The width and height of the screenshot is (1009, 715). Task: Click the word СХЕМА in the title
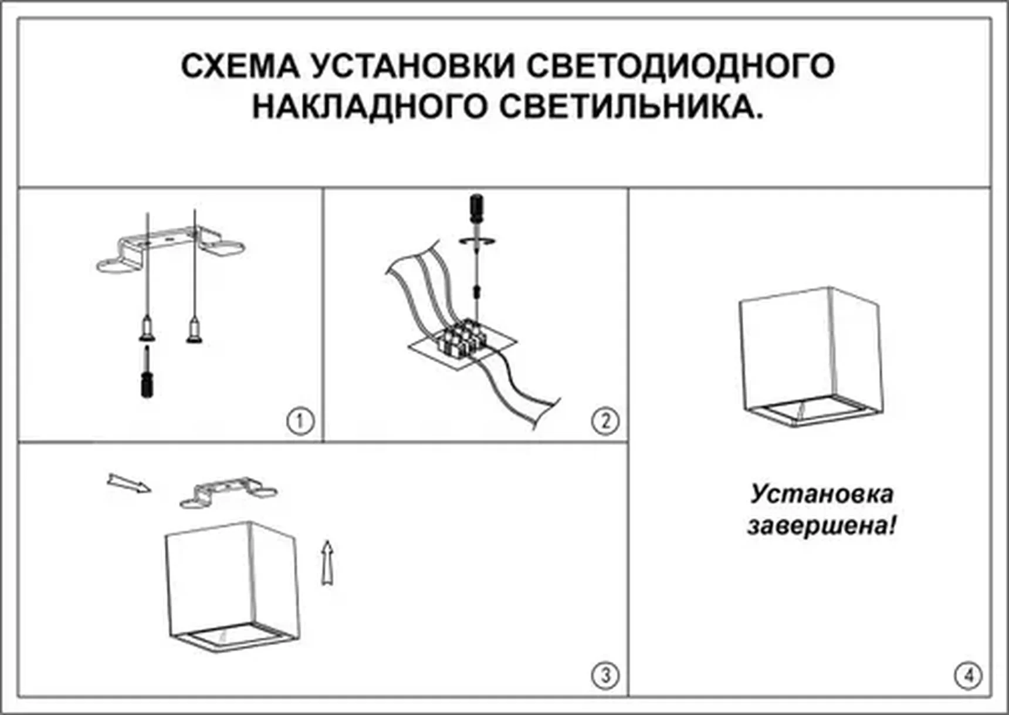click(x=240, y=66)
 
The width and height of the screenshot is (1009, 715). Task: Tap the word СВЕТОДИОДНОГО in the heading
click(x=680, y=66)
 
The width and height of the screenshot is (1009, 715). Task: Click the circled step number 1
click(x=300, y=421)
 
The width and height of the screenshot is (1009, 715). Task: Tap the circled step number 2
click(x=605, y=421)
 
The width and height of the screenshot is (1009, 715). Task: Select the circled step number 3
click(x=605, y=676)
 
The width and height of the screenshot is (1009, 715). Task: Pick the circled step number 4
click(x=967, y=676)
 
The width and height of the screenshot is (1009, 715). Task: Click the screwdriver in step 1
click(x=147, y=376)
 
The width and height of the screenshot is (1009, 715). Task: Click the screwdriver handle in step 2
click(x=477, y=208)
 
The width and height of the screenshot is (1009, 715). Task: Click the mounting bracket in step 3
click(x=229, y=492)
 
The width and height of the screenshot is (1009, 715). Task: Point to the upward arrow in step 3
click(x=328, y=562)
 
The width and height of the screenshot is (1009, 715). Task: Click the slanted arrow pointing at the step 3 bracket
click(x=128, y=484)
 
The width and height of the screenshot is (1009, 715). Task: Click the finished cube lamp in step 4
click(x=810, y=355)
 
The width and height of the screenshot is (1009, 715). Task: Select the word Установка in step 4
click(x=821, y=494)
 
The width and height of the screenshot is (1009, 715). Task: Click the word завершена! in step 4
click(x=821, y=525)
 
